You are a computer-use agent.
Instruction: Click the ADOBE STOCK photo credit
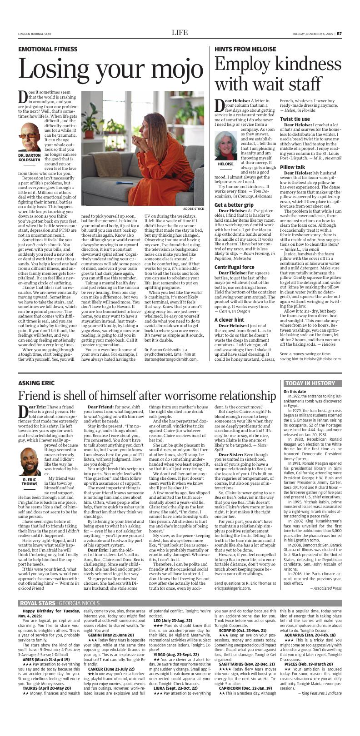tap(194, 209)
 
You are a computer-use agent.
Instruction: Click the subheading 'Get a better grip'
tap(234, 204)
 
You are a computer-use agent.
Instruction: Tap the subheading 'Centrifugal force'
tap(235, 254)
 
